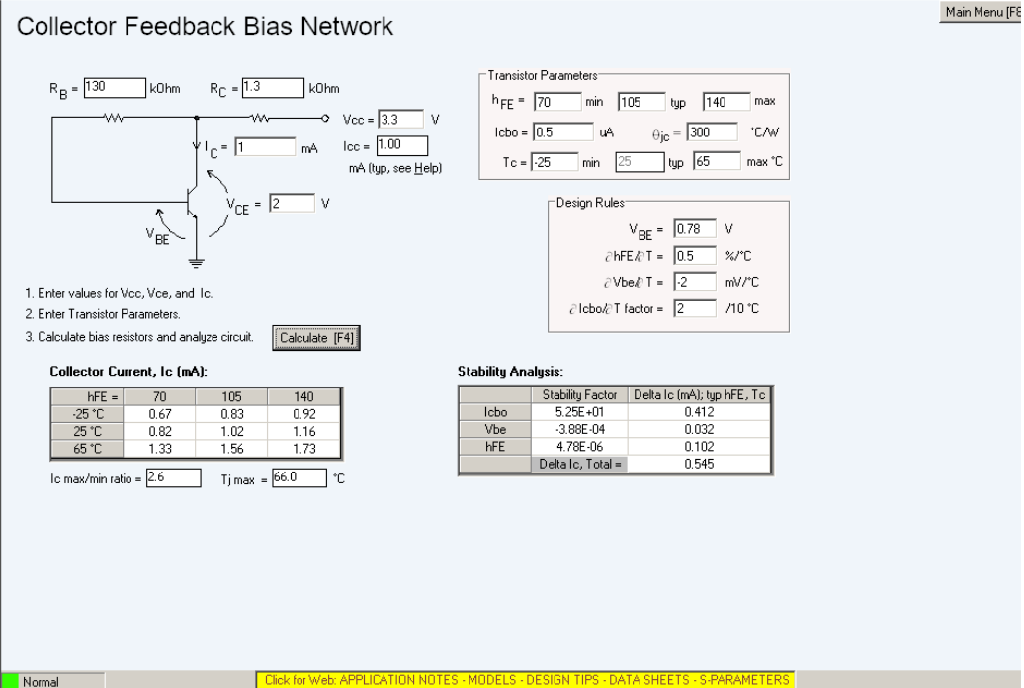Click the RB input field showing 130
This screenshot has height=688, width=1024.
click(x=115, y=88)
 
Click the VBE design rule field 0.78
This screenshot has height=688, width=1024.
click(x=694, y=229)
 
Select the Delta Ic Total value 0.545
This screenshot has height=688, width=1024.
click(x=700, y=464)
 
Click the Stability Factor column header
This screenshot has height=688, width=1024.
click(x=579, y=395)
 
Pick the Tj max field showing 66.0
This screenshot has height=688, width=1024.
click(x=299, y=477)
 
